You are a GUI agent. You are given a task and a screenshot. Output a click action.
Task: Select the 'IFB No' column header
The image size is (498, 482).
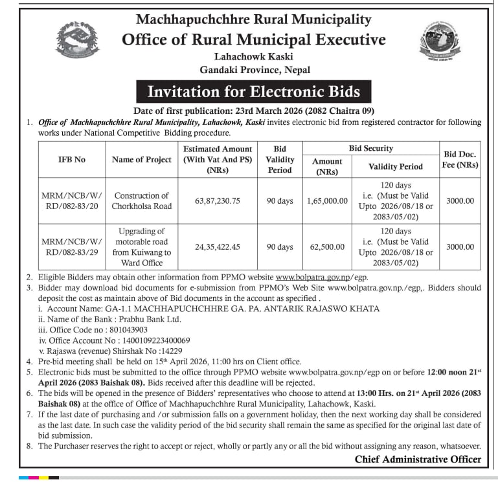point(71,159)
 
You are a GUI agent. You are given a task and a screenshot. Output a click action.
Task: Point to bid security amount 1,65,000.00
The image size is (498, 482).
point(327,201)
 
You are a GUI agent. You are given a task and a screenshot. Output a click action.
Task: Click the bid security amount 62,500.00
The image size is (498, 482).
point(327,246)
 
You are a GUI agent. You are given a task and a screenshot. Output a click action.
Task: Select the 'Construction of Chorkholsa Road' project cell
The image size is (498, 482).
point(141,201)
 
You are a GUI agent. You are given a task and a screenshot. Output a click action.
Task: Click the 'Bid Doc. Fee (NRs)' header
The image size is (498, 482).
point(460,159)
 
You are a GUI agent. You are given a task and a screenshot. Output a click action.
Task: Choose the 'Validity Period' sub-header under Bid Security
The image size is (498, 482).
point(395,166)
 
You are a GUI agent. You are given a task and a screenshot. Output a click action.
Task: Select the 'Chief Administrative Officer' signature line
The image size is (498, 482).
point(418,459)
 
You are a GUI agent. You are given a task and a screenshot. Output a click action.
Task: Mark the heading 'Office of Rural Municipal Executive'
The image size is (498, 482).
point(253,39)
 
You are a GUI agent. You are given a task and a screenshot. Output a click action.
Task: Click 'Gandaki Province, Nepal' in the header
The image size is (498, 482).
point(254,70)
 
